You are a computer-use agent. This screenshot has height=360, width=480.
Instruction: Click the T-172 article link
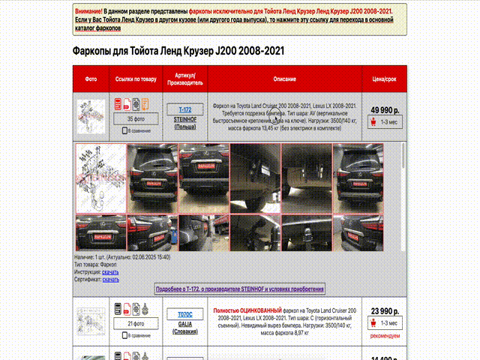(x=185, y=109)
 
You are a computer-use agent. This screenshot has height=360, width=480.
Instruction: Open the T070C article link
(x=185, y=314)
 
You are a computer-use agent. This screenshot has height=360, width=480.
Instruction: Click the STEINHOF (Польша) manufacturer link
(x=185, y=122)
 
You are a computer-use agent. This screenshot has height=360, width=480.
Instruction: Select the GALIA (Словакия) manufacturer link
(x=185, y=327)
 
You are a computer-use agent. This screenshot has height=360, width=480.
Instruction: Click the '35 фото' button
(x=135, y=118)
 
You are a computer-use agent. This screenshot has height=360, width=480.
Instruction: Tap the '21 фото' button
(x=135, y=323)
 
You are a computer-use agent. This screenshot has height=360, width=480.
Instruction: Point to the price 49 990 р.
(x=385, y=109)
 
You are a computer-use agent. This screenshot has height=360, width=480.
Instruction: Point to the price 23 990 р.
(x=385, y=311)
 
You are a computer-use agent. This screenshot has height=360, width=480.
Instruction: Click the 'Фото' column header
(x=91, y=79)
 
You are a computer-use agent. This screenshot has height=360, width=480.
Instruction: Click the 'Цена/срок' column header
(x=385, y=79)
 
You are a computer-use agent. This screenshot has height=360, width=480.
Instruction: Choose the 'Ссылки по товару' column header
(x=136, y=79)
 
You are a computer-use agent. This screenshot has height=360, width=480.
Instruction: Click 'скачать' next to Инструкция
(x=110, y=271)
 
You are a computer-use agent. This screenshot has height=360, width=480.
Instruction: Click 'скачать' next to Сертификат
(x=110, y=279)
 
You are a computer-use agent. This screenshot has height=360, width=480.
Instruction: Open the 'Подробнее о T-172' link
(x=239, y=289)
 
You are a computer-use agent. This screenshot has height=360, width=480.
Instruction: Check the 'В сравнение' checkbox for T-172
(x=125, y=131)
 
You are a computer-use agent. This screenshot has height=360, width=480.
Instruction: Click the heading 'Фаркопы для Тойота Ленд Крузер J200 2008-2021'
(x=178, y=51)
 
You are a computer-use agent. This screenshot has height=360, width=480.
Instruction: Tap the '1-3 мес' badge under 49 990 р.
(x=385, y=122)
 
